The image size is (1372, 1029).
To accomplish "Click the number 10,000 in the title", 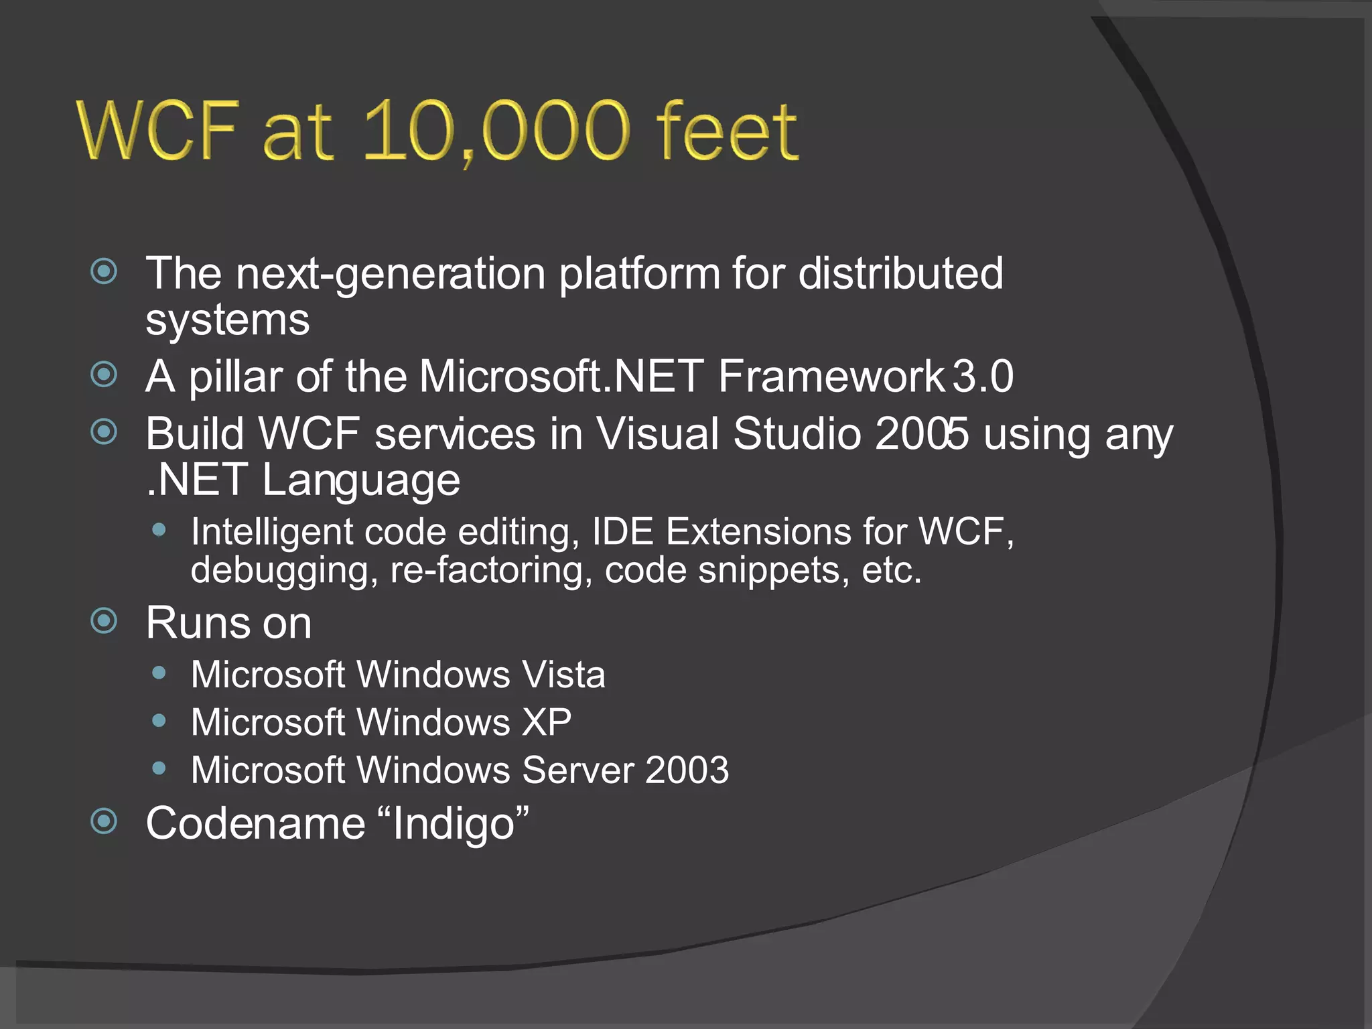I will point(496,130).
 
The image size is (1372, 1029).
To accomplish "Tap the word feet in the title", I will point(727,130).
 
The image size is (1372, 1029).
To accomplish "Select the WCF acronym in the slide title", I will point(158,130).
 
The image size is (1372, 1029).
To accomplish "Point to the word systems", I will point(228,320).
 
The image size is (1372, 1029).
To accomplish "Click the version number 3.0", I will point(983,376).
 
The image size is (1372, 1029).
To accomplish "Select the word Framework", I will point(831,376).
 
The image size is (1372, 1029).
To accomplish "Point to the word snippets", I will point(768,571).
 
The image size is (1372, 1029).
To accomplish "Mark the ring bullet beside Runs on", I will point(104,620).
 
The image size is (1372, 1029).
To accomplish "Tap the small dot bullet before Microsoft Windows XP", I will point(159,721).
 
